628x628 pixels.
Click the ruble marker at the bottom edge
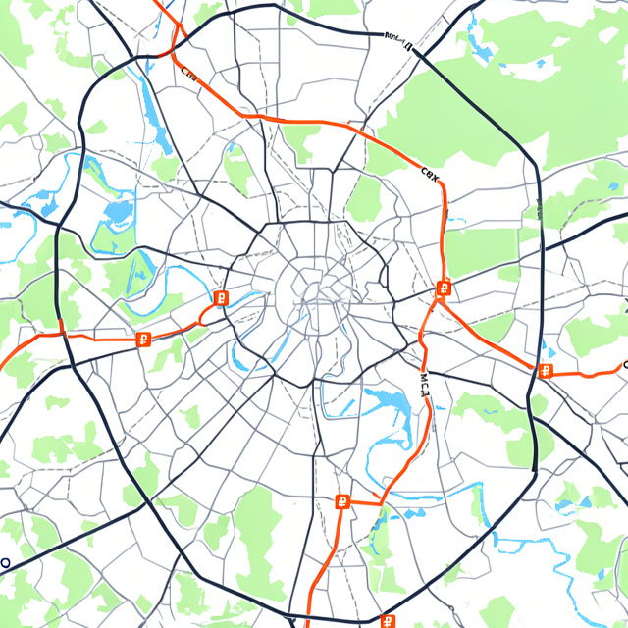click(389, 621)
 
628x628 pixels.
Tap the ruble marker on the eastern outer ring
click(546, 370)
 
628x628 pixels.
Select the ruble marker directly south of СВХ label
click(444, 288)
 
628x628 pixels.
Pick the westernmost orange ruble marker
click(143, 340)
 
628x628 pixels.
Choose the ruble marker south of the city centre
click(342, 502)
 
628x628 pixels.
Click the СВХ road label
click(430, 173)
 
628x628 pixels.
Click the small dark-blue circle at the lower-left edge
click(4, 564)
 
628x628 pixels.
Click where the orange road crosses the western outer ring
click(61, 332)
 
